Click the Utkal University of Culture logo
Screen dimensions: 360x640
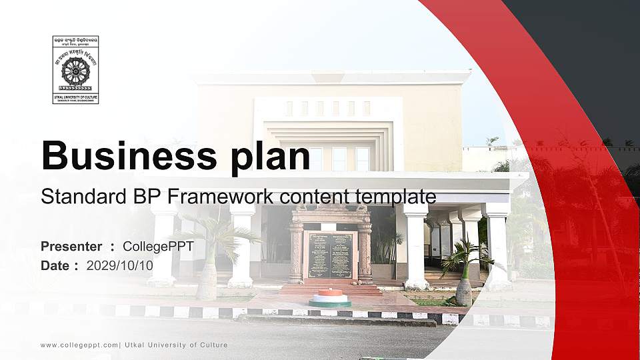pyautogui.click(x=75, y=70)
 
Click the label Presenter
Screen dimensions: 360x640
pyautogui.click(x=71, y=247)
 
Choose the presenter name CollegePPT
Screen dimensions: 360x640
pyautogui.click(x=158, y=247)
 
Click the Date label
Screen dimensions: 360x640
pyautogui.click(x=55, y=265)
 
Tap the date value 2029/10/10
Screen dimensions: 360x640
pyautogui.click(x=120, y=265)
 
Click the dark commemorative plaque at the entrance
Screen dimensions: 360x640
pyautogui.click(x=331, y=255)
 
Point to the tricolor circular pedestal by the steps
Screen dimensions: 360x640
pyautogui.click(x=329, y=297)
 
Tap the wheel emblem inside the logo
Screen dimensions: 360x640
pyautogui.click(x=75, y=70)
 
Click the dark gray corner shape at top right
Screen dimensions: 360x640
pyautogui.click(x=587, y=53)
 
